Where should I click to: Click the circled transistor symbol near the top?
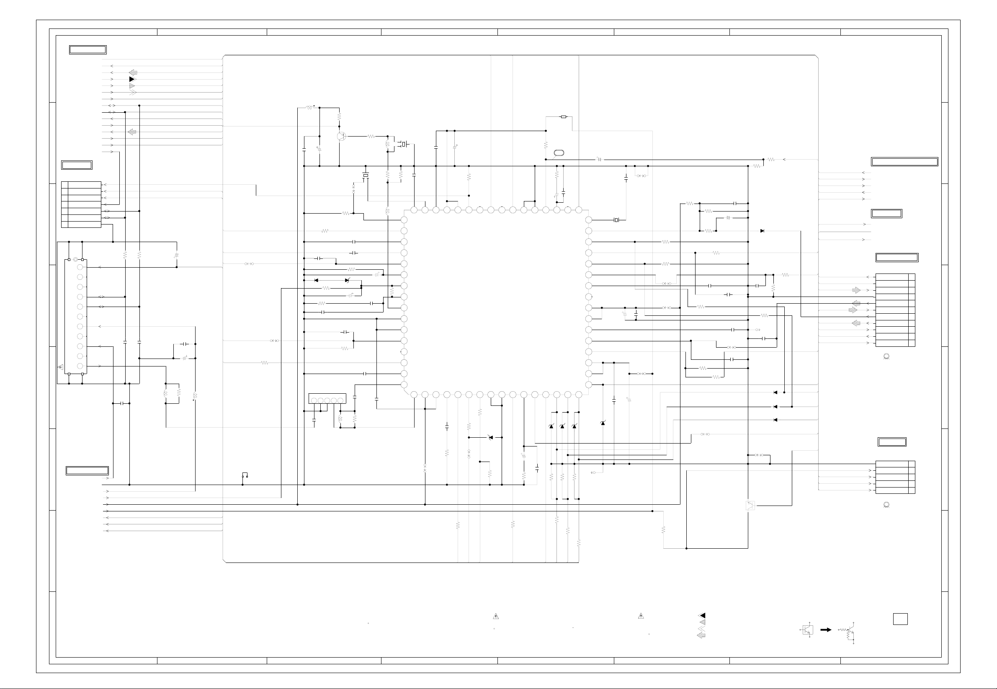tap(341, 136)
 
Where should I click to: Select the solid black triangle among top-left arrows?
tap(132, 80)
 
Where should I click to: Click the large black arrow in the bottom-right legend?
tap(826, 630)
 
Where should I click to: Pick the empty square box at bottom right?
tap(900, 619)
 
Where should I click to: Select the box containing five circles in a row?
tap(327, 398)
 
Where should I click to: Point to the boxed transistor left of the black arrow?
tap(808, 630)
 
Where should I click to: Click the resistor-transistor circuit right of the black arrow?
tap(848, 633)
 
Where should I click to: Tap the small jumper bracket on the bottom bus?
tap(245, 475)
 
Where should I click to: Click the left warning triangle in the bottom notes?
tap(496, 616)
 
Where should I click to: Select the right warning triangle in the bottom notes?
tap(641, 616)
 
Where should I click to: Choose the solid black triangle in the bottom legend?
tap(702, 616)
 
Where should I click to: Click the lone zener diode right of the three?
tap(603, 423)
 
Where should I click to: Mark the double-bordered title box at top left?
tap(88, 50)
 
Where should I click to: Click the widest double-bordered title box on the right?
tap(904, 162)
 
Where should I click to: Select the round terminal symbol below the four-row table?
tap(886, 504)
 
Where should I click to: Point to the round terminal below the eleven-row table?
tap(886, 356)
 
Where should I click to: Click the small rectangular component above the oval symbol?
tap(564, 116)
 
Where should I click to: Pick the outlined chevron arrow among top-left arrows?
tap(132, 93)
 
